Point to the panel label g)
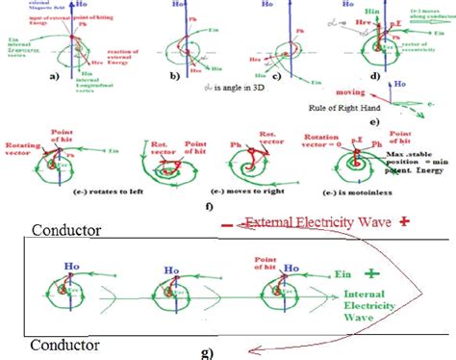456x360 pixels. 207,352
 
